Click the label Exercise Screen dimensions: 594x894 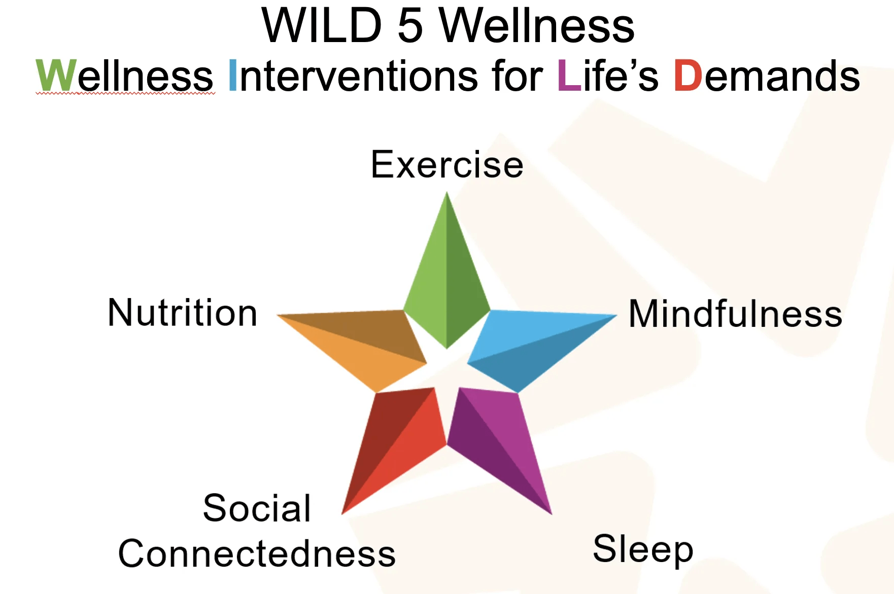coord(447,165)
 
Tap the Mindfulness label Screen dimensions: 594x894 coord(735,314)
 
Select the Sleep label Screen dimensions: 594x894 coord(643,549)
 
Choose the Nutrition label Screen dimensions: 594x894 coord(183,313)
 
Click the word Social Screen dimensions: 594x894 coord(257,508)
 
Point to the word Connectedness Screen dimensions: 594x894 coord(257,553)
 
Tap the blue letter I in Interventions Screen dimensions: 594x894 coord(233,76)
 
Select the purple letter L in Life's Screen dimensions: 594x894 coord(569,76)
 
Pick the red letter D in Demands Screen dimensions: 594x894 coord(687,76)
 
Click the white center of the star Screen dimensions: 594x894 coord(446,370)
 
